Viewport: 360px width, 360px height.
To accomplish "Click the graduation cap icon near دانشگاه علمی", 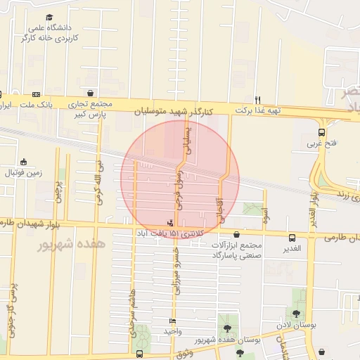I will click(49, 18).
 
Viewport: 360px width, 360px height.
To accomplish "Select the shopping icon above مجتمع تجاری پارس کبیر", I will click(91, 93).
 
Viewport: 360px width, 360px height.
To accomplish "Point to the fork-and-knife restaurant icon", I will click(258, 99).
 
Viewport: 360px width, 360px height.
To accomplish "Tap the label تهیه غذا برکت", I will click(258, 110).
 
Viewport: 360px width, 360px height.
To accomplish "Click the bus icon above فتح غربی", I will click(321, 131).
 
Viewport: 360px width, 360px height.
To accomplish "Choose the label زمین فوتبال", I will click(23, 172).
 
